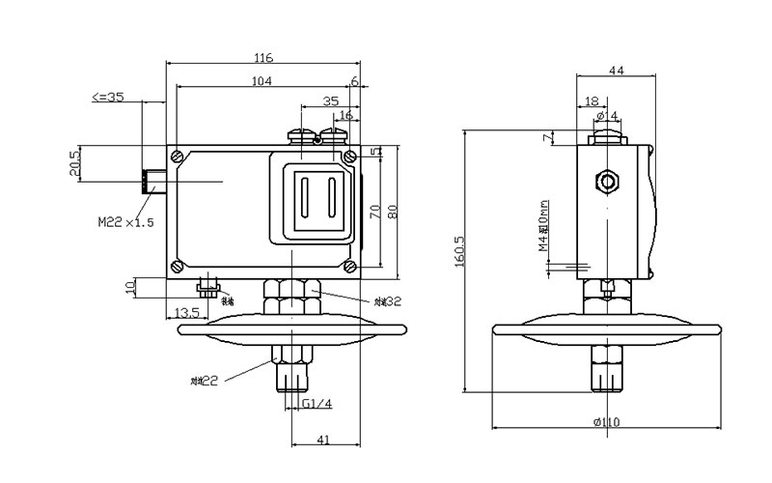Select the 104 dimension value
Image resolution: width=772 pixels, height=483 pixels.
(261, 81)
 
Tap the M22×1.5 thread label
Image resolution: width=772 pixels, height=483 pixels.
(125, 222)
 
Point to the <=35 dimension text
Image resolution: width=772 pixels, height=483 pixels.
(107, 98)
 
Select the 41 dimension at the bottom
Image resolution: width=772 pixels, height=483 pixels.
(324, 440)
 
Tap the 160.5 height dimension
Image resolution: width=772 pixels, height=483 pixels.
(460, 261)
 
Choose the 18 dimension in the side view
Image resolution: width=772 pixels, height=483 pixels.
(592, 99)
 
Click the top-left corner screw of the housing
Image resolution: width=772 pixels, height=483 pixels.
(178, 155)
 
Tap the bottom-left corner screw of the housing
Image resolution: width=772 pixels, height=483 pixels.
(178, 267)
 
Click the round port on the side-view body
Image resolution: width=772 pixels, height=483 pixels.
(607, 181)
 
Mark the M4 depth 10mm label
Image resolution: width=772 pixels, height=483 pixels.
(544, 226)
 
